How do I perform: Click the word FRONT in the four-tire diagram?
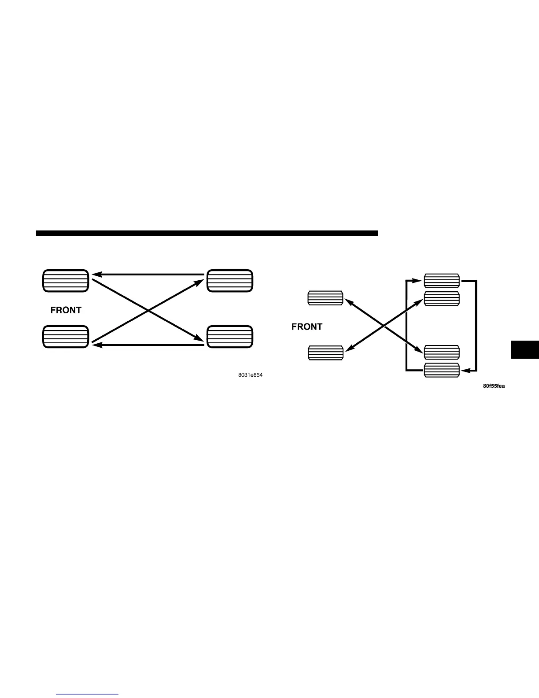(66, 310)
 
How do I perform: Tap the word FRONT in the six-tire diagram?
(307, 327)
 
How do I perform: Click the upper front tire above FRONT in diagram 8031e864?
(66, 281)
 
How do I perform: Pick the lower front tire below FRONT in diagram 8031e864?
(66, 337)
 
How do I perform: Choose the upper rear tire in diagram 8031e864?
(230, 281)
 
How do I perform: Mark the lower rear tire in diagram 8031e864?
(230, 337)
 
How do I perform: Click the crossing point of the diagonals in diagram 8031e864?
(148, 310)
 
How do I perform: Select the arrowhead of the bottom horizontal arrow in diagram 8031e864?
(94, 345)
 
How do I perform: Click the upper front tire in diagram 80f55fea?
(325, 298)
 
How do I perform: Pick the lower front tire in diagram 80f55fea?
(325, 353)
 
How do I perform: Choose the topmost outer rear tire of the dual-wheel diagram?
(442, 281)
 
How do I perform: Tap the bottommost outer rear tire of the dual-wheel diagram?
(442, 371)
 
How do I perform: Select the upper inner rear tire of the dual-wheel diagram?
(442, 299)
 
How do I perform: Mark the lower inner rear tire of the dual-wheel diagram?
(442, 353)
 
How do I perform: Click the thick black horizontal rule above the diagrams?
(207, 234)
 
